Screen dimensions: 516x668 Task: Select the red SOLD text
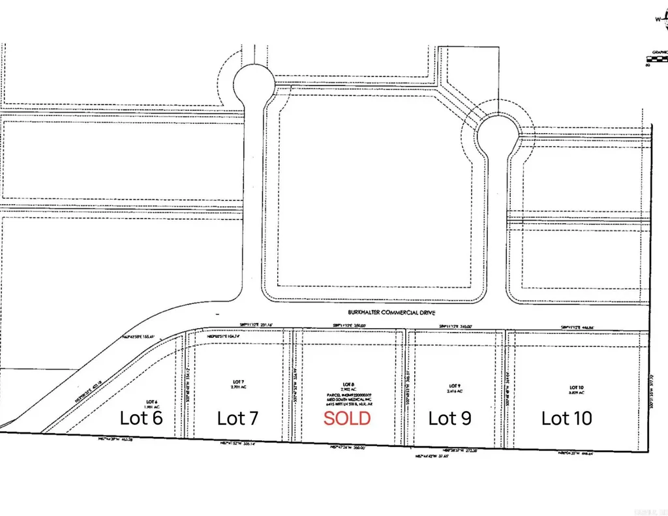347,418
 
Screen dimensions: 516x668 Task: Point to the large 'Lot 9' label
450,417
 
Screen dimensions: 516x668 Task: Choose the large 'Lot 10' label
566,417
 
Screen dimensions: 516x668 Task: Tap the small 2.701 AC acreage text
237,387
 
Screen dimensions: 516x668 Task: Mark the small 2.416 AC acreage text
455,391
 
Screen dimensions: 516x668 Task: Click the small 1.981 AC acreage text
151,406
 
